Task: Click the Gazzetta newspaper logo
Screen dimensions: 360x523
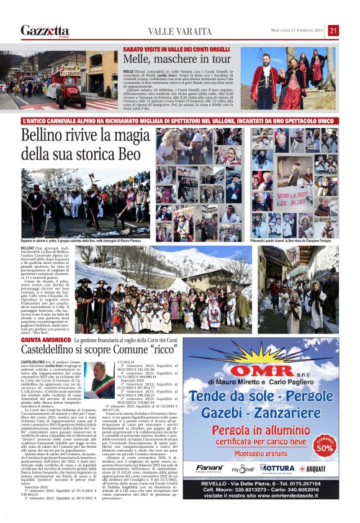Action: pos(44,30)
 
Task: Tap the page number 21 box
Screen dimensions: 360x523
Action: pos(333,30)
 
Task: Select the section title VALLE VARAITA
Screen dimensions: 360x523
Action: pos(179,31)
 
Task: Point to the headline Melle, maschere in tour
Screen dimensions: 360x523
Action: pos(177,60)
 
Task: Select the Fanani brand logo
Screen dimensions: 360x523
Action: pos(209,468)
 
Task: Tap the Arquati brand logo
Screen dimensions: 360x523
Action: pos(316,468)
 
